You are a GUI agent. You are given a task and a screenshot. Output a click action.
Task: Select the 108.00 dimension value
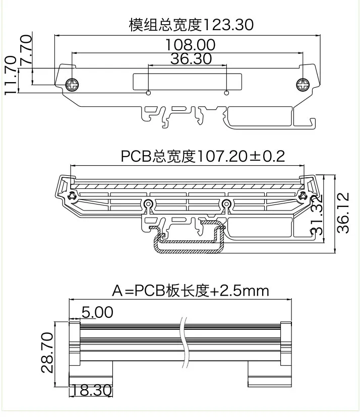click(x=190, y=45)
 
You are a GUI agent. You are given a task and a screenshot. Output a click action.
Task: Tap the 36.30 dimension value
click(x=191, y=59)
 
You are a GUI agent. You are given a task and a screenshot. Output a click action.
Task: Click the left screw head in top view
click(x=74, y=85)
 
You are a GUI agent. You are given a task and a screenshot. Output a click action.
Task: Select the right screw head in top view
click(x=303, y=85)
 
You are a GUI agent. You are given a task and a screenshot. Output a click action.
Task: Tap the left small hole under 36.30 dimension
click(x=148, y=93)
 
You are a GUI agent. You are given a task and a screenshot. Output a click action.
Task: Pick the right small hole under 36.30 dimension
click(x=227, y=93)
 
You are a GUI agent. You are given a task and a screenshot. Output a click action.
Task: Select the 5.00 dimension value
click(x=97, y=313)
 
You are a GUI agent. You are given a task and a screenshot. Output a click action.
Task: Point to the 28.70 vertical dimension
click(x=48, y=353)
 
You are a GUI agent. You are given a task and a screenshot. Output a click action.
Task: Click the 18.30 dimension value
click(x=91, y=390)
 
